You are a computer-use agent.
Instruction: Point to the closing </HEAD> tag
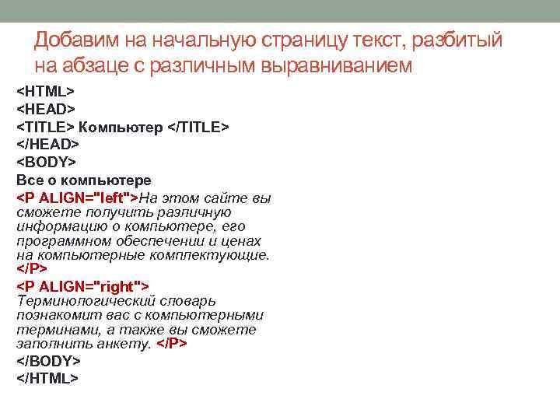[x=48, y=145]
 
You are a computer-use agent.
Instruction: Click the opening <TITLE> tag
[x=46, y=127]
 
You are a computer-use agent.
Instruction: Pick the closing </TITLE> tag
[x=199, y=127]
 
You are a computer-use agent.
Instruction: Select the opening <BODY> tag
[x=47, y=163]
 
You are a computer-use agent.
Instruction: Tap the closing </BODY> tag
[x=49, y=361]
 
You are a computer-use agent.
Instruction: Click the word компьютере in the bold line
[x=116, y=180]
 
